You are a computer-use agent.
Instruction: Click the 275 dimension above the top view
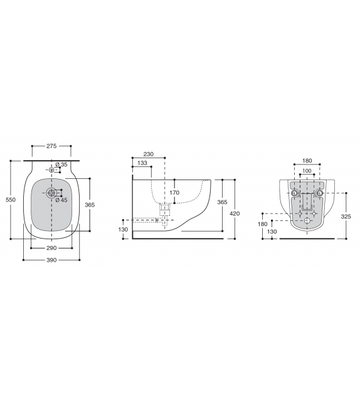point(52,146)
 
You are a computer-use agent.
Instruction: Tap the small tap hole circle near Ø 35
point(51,169)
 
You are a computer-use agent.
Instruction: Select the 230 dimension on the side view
point(148,154)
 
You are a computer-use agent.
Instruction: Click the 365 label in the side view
point(222,202)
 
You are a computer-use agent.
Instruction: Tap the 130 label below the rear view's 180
point(272,232)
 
